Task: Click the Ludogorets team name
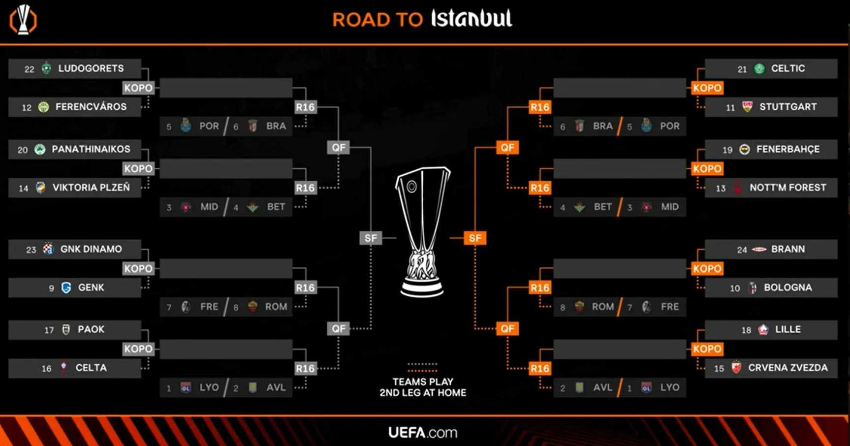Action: pos(91,68)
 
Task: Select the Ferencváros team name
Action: pos(91,107)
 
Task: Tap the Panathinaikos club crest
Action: pos(40,149)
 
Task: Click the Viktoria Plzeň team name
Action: pos(91,188)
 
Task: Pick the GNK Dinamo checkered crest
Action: pos(48,249)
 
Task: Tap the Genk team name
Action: pos(91,287)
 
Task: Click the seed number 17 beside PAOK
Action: pos(49,330)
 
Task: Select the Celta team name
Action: pos(91,368)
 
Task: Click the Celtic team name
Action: pos(788,68)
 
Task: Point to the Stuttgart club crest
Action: pos(747,107)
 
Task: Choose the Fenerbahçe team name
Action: pos(788,149)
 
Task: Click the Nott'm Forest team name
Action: pos(788,188)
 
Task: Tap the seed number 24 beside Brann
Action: pos(742,250)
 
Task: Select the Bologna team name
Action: pos(788,287)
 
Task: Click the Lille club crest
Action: pos(763,329)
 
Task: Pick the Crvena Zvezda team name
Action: pos(788,368)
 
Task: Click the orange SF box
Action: pos(475,238)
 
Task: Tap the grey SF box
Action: pos(371,238)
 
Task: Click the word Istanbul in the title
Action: pos(472,19)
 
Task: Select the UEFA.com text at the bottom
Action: pos(423,433)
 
